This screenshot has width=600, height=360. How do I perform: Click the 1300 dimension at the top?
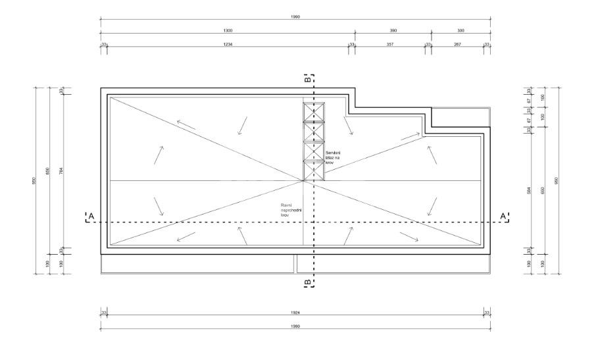(228, 30)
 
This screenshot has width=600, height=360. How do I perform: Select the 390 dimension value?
(393, 30)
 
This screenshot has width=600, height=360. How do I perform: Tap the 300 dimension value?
(461, 30)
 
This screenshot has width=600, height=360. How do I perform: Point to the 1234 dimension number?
(228, 44)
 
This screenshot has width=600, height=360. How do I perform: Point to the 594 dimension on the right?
(528, 191)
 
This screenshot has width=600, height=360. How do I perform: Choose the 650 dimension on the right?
(542, 191)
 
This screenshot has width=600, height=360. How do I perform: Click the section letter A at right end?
(503, 215)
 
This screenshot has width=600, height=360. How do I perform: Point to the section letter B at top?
(307, 78)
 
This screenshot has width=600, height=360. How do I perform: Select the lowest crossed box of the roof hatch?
(313, 171)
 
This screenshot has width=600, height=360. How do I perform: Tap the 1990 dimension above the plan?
(295, 16)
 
